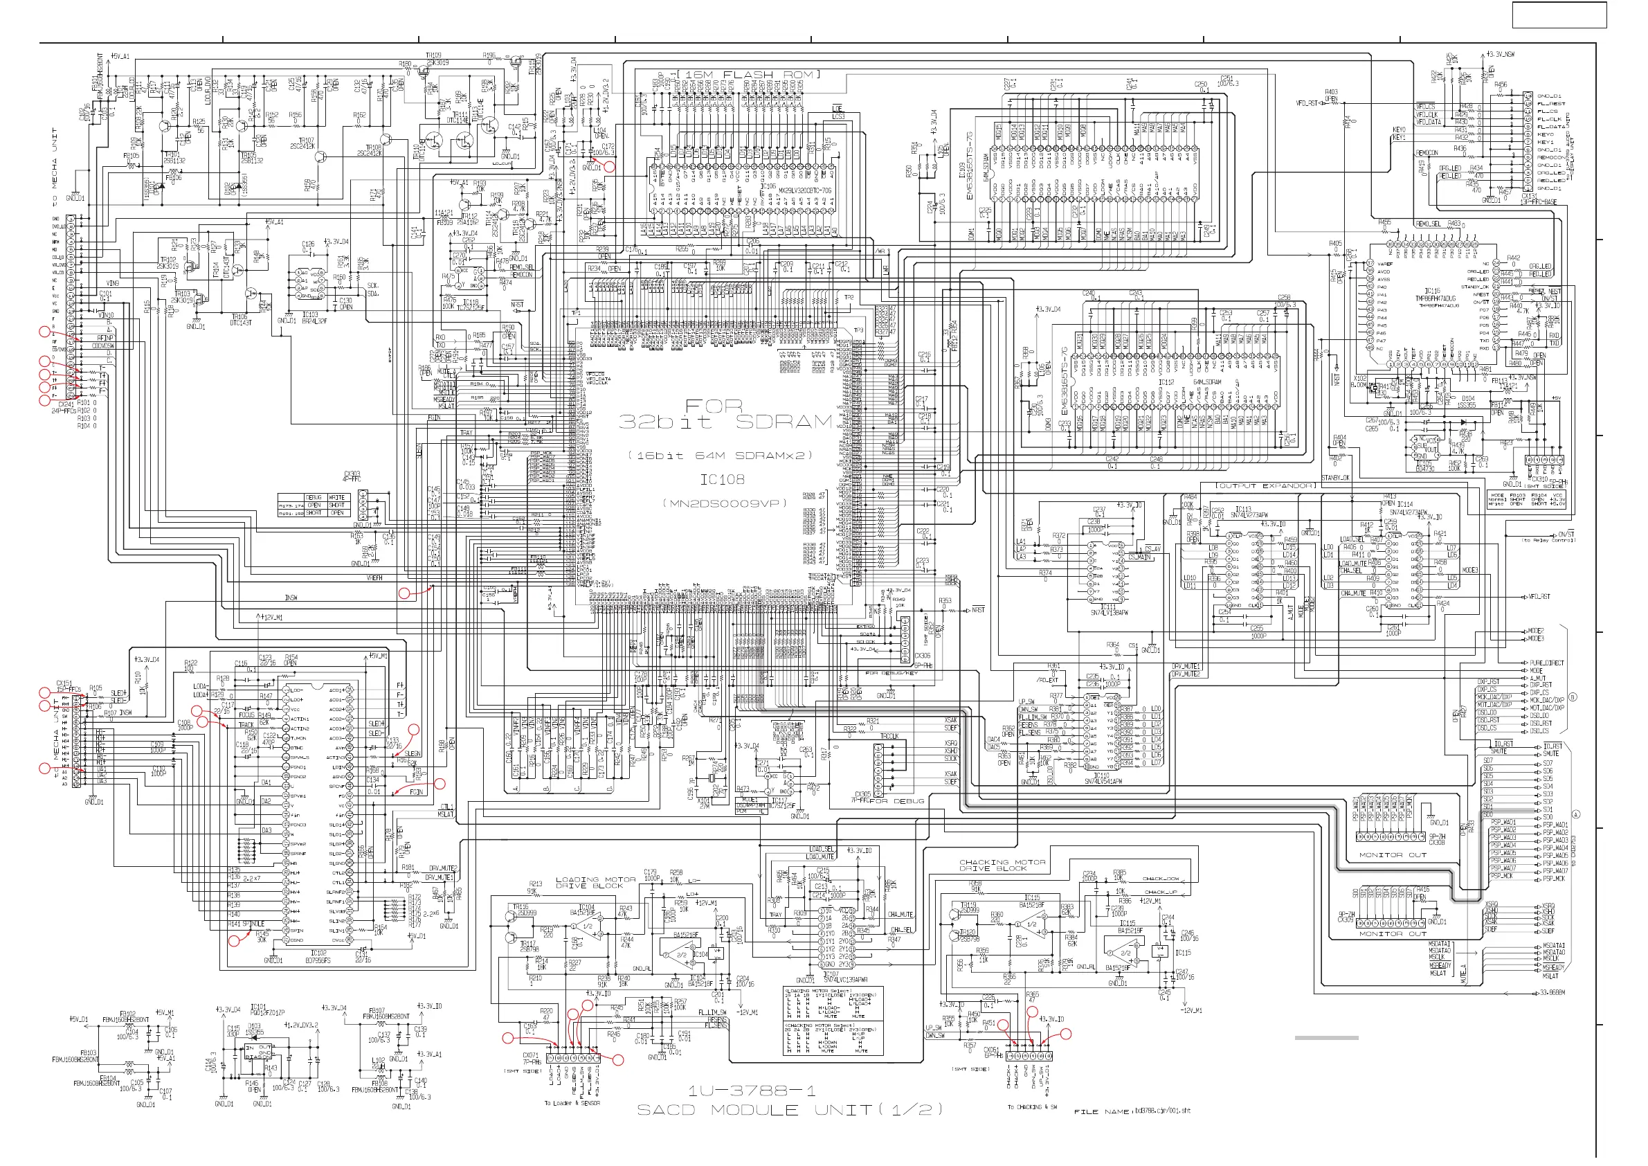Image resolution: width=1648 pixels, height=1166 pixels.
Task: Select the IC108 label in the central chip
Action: click(x=722, y=480)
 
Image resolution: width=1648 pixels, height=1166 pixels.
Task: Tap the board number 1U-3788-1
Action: click(x=752, y=1091)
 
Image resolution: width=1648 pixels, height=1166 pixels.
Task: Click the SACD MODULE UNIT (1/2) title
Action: click(x=790, y=1110)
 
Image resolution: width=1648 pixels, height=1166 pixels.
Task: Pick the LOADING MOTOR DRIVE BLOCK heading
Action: click(x=596, y=883)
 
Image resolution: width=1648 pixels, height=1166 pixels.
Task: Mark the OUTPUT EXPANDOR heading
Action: click(x=1265, y=486)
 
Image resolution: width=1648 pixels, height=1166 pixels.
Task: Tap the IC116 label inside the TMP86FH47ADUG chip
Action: click(x=1433, y=291)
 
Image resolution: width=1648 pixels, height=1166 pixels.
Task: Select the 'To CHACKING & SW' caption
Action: click(x=1032, y=1107)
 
